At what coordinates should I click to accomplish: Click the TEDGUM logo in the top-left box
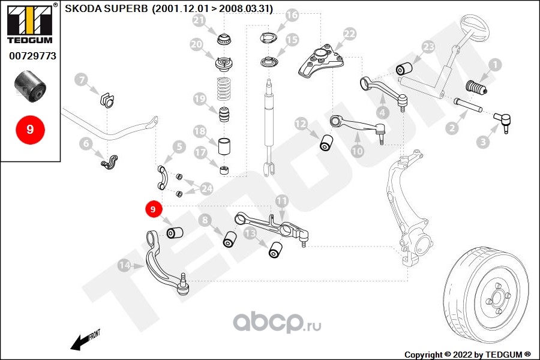[29, 23]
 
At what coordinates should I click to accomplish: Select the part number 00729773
[32, 56]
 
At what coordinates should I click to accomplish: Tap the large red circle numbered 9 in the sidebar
[31, 130]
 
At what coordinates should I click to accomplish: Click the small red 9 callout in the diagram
[153, 209]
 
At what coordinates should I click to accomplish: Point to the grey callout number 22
[349, 34]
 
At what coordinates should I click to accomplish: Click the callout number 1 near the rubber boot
[495, 65]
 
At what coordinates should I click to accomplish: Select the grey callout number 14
[124, 265]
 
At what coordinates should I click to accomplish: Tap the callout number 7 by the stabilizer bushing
[81, 80]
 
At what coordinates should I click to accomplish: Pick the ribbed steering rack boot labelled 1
[476, 88]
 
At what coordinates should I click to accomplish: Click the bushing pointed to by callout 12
[326, 143]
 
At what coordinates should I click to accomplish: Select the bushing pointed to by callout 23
[404, 68]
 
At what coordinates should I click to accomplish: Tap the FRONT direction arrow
[85, 340]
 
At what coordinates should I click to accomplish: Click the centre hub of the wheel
[497, 297]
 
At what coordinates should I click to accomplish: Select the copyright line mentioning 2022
[467, 355]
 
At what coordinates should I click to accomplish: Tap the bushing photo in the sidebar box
[30, 86]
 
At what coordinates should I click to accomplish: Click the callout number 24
[206, 188]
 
